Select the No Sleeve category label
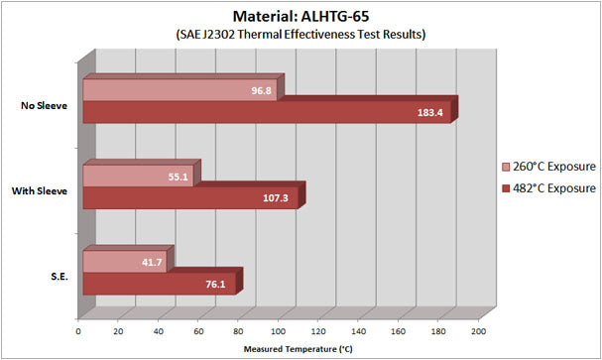pos(44,104)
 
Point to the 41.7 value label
pos(152,262)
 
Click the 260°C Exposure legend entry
pos(548,167)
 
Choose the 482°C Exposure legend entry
pos(548,187)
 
